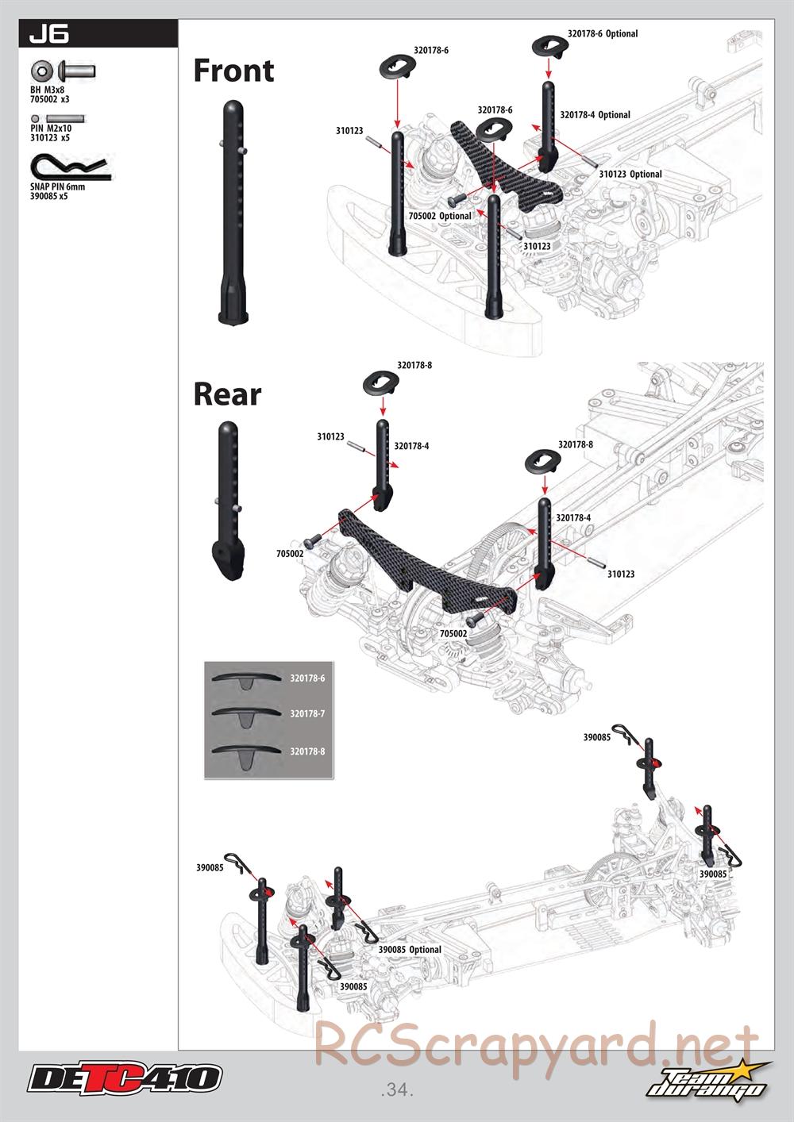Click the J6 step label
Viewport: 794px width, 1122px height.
pyautogui.click(x=48, y=34)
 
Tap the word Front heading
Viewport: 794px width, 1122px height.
pyautogui.click(x=233, y=70)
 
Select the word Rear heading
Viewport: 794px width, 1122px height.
pyautogui.click(x=228, y=394)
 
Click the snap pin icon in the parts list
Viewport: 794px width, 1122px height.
pyautogui.click(x=71, y=167)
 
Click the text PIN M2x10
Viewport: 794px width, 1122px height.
pyautogui.click(x=51, y=129)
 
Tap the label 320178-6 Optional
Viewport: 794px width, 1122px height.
pyautogui.click(x=603, y=33)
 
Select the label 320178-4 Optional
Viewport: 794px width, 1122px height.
pyautogui.click(x=595, y=115)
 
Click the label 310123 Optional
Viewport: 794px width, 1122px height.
pyautogui.click(x=630, y=175)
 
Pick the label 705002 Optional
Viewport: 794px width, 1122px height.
pyautogui.click(x=440, y=216)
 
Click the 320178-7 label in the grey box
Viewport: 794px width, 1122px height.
pyautogui.click(x=307, y=713)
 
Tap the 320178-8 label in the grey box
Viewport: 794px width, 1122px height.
pyautogui.click(x=307, y=751)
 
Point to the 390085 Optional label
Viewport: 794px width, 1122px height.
pyautogui.click(x=410, y=949)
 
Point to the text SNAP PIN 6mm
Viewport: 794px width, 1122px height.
pyautogui.click(x=58, y=186)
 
